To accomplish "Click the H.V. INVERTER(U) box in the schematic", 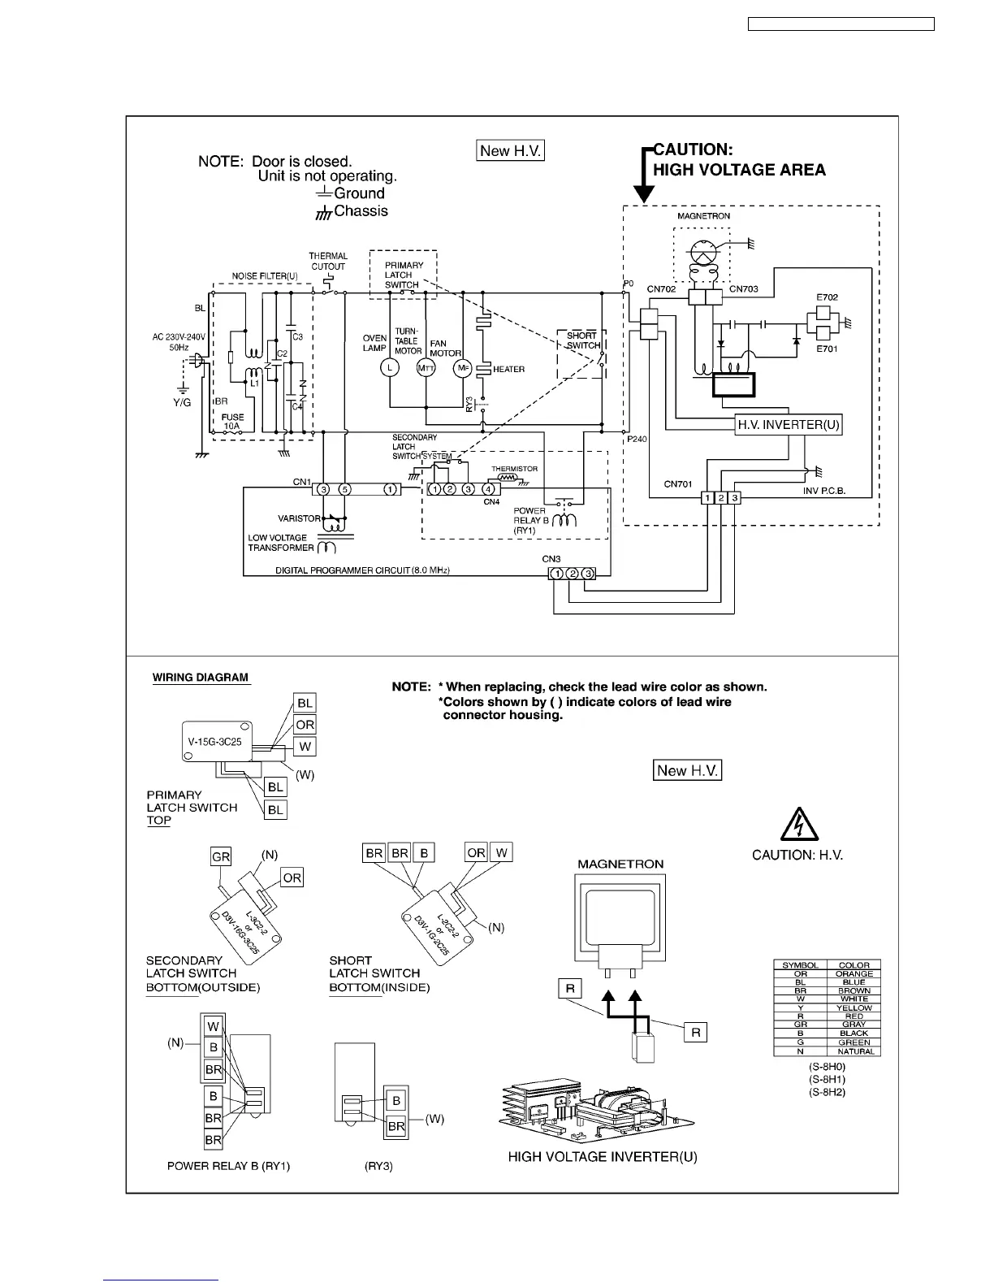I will [788, 424].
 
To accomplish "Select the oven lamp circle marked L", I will [390, 368].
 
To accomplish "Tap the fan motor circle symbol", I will [463, 368].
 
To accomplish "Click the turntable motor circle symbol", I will [426, 368].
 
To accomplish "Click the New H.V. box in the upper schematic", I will [510, 150].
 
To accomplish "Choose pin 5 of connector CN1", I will [345, 489].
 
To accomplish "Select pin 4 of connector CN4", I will [488, 489].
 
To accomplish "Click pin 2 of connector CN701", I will [721, 498].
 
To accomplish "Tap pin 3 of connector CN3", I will [589, 574].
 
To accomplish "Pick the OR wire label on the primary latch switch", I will [305, 725].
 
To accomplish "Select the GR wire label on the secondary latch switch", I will [221, 856].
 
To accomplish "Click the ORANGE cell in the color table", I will [854, 973].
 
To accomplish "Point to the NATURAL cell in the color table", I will [854, 1051].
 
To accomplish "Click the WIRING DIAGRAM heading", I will [201, 678].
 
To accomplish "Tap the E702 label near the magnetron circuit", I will [827, 298].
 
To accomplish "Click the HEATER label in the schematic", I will [508, 369].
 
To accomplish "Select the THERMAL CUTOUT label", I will [328, 261].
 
